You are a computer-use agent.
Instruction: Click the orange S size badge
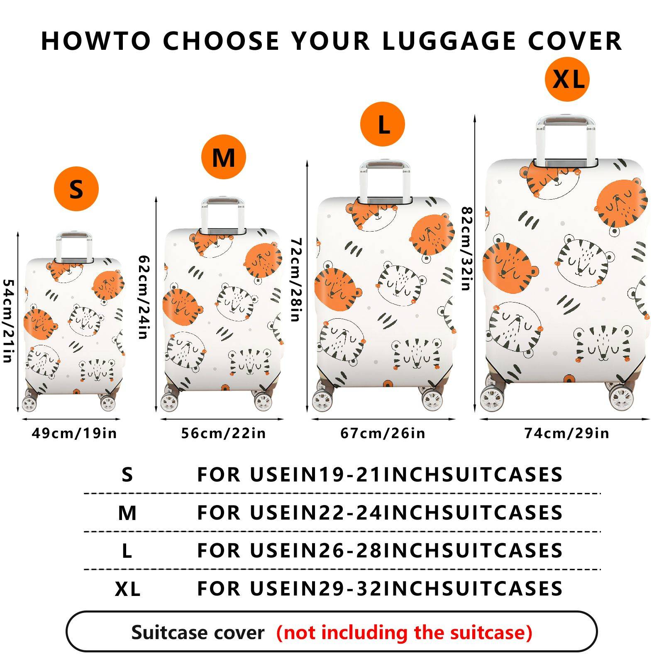(x=76, y=189)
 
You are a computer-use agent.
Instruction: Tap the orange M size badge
(x=224, y=157)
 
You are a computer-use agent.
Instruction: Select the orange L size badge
(x=382, y=124)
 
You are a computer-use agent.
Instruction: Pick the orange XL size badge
(x=567, y=79)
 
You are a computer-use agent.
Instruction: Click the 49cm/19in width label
(x=75, y=433)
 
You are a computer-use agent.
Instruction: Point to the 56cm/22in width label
(x=223, y=433)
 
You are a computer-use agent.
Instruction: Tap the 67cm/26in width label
(x=383, y=433)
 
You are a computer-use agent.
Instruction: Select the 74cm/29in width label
(x=567, y=433)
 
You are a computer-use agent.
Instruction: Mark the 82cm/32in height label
(x=467, y=249)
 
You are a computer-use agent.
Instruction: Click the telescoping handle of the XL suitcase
(x=565, y=139)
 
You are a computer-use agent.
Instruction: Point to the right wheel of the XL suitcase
(x=621, y=398)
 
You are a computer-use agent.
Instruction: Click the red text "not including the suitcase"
(x=404, y=632)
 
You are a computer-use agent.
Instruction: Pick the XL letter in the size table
(x=127, y=589)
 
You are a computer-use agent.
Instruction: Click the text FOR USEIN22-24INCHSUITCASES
(x=380, y=513)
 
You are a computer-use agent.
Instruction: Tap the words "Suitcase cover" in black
(x=198, y=632)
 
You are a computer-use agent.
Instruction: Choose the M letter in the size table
(x=127, y=513)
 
